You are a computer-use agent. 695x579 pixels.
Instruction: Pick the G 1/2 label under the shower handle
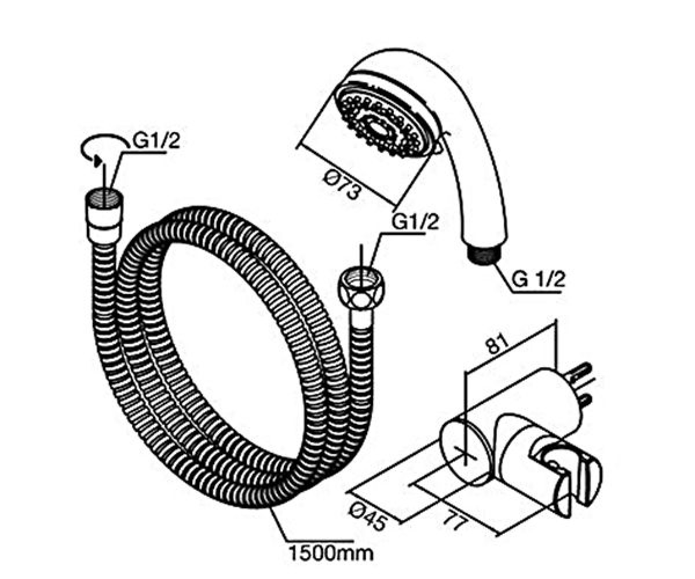[538, 280]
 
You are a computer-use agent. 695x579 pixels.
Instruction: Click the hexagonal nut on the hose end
[360, 289]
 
